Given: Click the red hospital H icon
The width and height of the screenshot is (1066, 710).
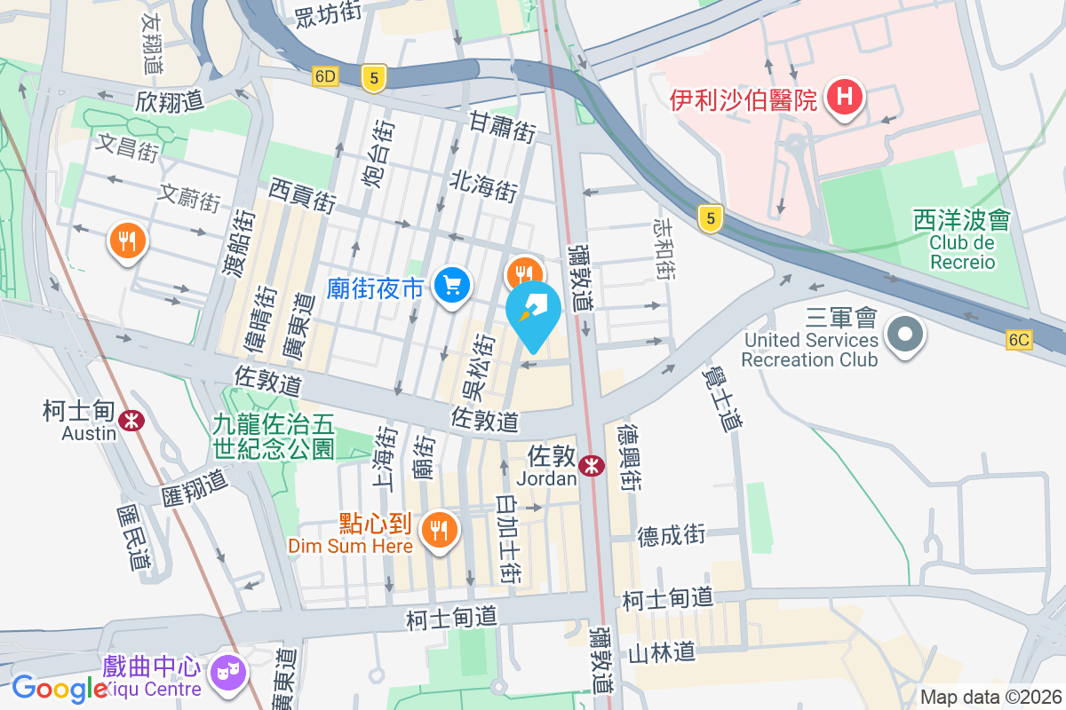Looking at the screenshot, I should [x=844, y=97].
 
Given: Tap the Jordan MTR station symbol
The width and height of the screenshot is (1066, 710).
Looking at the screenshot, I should [x=590, y=465].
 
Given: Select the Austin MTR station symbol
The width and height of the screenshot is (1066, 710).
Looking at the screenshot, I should [x=132, y=420].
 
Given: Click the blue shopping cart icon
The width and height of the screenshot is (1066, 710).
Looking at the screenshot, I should [x=452, y=285].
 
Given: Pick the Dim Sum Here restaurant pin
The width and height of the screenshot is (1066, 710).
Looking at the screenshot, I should [x=439, y=530].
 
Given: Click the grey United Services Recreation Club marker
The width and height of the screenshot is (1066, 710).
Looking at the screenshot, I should [x=905, y=335].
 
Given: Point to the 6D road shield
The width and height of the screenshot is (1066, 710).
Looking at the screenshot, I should [x=325, y=77].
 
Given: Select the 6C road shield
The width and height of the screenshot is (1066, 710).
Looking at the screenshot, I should [x=1019, y=340].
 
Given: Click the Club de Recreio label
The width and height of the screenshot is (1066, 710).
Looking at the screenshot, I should [x=963, y=251].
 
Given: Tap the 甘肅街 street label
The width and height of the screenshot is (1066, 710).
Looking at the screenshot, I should [x=503, y=127].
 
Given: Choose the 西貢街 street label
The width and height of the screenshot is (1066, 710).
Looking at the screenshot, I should [x=302, y=194].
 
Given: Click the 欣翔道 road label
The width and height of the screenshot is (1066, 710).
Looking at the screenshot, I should [x=171, y=101].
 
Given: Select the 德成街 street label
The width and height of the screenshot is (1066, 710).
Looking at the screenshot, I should [x=671, y=534].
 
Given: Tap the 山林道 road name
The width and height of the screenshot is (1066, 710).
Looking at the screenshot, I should [x=661, y=653].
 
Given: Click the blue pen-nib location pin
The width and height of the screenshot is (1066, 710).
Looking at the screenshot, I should [x=533, y=311].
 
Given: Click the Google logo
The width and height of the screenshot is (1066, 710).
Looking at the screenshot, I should [x=60, y=689].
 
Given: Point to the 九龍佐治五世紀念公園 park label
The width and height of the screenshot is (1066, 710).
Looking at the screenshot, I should [x=273, y=437].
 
